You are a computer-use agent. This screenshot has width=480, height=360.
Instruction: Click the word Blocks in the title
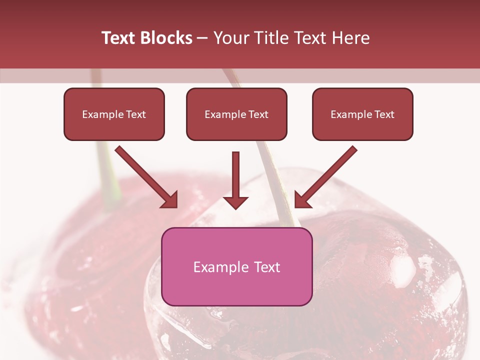pyautogui.click(x=164, y=38)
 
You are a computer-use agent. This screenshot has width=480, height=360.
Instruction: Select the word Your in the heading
pyautogui.click(x=230, y=38)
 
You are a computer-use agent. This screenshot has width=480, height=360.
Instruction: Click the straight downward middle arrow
pyautogui.click(x=235, y=175)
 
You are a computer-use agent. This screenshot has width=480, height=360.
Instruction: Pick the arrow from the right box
pyautogui.click(x=327, y=175)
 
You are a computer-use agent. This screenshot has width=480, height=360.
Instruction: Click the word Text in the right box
pyautogui.click(x=384, y=114)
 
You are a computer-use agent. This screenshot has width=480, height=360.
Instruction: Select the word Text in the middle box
pyautogui.click(x=258, y=114)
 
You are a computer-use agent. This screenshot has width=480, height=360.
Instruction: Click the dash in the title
pyautogui.click(x=202, y=38)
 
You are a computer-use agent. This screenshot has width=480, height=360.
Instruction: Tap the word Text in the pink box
pyautogui.click(x=267, y=267)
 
